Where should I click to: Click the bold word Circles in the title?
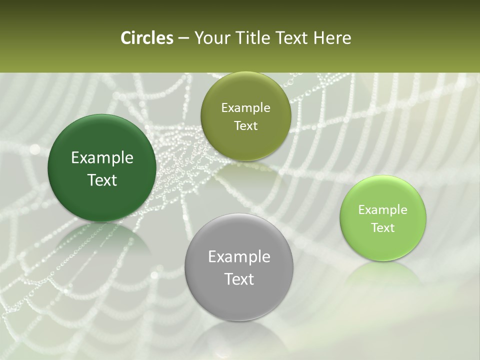(x=146, y=38)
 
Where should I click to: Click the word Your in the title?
(x=212, y=38)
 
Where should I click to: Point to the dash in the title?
(x=183, y=38)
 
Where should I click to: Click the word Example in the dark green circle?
(x=102, y=158)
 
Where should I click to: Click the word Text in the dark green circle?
(x=102, y=180)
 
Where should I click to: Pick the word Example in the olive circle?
(x=245, y=108)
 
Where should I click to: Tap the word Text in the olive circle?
(x=245, y=126)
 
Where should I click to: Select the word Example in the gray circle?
(x=239, y=257)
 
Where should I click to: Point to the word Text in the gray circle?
(x=239, y=279)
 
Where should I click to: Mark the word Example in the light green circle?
(x=383, y=209)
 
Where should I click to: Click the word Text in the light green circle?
(x=383, y=227)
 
